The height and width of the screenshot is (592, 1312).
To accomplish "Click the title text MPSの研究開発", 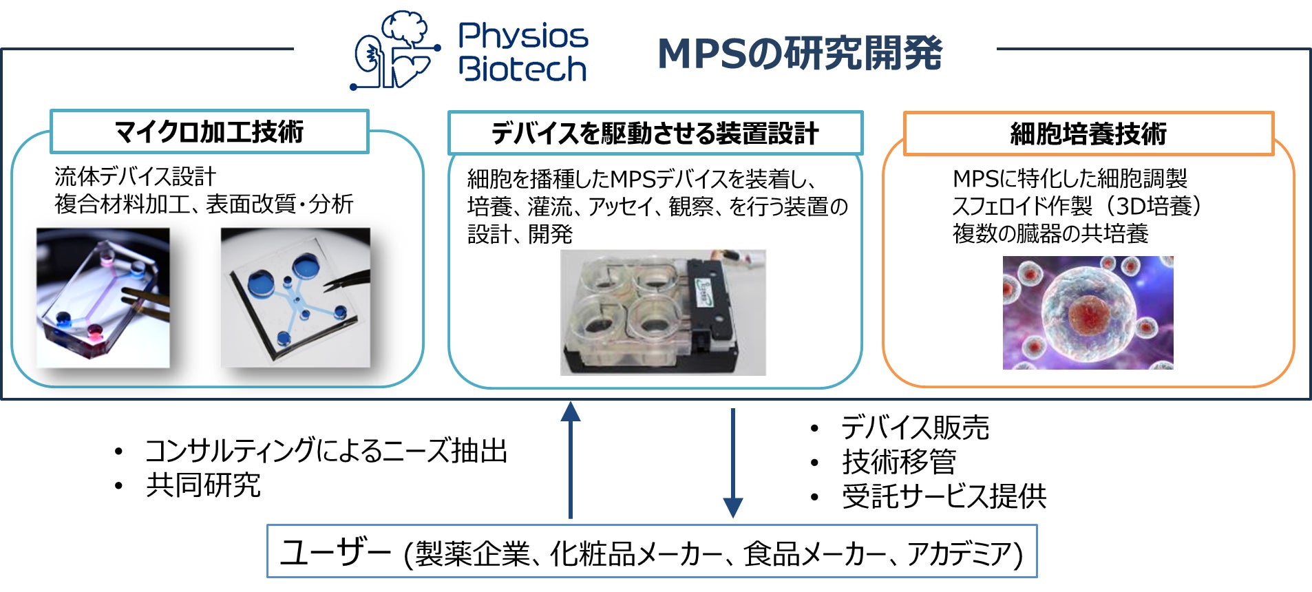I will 800,54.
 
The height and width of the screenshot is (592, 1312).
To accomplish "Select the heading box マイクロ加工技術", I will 209,131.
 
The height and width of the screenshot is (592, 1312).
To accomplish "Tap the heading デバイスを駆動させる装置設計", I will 655,133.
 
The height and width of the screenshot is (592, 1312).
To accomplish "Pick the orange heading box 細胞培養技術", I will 1088,134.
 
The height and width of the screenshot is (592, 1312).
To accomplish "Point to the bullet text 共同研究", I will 204,485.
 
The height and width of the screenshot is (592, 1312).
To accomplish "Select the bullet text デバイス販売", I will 916,427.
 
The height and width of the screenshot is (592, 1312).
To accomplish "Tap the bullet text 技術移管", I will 899,461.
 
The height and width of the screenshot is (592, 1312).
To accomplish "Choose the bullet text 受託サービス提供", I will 944,496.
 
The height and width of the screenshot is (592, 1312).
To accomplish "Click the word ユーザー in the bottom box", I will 336,552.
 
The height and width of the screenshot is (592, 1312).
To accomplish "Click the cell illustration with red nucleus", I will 1088,313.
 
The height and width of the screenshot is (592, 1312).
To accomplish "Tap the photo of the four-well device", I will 662,313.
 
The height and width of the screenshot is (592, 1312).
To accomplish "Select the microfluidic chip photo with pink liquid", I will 103,297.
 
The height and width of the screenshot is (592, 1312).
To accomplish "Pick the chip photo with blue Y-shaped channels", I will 295,297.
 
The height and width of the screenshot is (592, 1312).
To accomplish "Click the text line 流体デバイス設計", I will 135,177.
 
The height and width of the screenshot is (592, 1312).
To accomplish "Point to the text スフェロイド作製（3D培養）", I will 1077,206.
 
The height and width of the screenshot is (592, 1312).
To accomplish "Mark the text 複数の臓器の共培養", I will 1050,233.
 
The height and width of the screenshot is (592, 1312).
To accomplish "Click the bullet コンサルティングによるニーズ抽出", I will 326,451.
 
